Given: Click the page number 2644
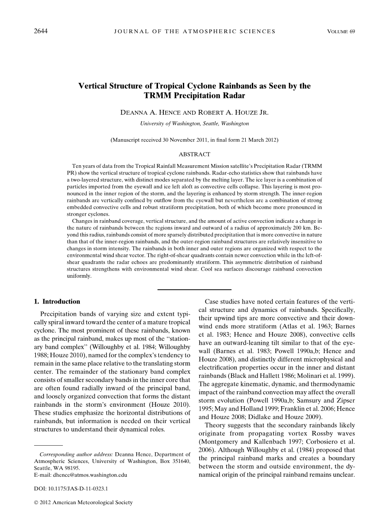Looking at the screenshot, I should click(41, 31).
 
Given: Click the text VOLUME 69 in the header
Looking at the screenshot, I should click(341, 31).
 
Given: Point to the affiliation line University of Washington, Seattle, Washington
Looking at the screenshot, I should click(194, 123).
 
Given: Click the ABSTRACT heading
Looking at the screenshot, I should click(194, 154).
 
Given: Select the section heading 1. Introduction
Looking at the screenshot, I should click(57, 302).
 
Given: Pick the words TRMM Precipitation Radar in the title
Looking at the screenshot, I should click(194, 95).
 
